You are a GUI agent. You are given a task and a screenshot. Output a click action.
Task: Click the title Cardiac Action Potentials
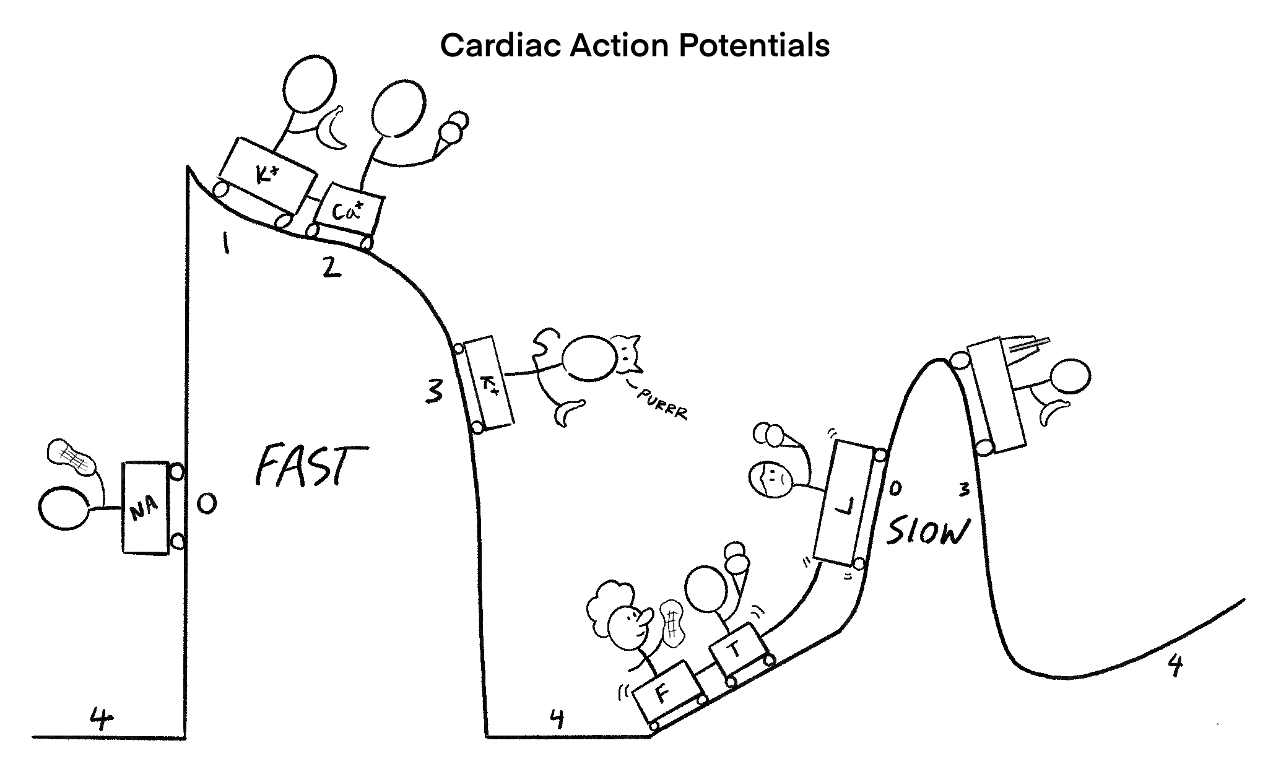pyautogui.click(x=635, y=45)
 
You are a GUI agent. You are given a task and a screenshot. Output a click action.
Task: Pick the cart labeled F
pyautogui.click(x=666, y=693)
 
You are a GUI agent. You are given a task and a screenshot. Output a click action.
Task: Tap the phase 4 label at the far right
pyautogui.click(x=1175, y=666)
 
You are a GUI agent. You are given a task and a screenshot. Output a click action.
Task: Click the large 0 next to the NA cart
pyautogui.click(x=207, y=504)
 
